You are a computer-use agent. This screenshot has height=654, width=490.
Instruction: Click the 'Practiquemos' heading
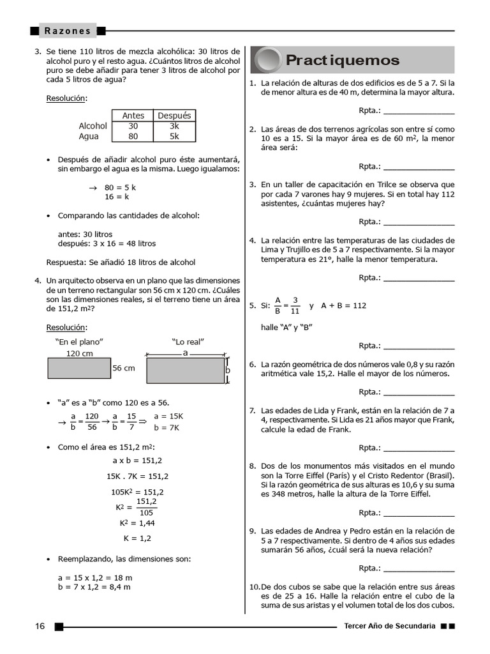pos(343,61)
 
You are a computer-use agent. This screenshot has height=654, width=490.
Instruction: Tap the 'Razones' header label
pos(68,31)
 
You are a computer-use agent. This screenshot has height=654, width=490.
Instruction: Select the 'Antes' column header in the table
pos(133,116)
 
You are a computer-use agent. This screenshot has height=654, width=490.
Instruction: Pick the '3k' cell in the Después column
pos(175,126)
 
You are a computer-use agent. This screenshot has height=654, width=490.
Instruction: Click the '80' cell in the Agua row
pos(133,136)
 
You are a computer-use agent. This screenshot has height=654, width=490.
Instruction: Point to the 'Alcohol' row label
pos(93,126)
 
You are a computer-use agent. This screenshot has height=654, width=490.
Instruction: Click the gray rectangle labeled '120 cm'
pos(78,368)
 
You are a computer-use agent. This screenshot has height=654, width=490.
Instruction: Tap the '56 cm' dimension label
pos(124,368)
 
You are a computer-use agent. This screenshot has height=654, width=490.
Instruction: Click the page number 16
pos(40,626)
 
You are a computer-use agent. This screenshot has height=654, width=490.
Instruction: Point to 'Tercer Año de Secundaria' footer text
pos(389,626)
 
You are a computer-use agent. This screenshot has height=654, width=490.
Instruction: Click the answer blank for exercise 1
pos(419,110)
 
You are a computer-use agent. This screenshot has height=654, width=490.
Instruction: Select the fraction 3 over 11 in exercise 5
pos(295,305)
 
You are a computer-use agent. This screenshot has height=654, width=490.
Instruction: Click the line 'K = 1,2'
pos(137,538)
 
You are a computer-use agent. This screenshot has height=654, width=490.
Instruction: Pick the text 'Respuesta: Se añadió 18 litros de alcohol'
pos(121,262)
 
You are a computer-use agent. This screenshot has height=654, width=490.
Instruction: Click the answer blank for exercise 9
pos(419,568)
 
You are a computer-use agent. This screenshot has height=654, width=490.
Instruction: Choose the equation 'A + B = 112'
pos(344,305)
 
